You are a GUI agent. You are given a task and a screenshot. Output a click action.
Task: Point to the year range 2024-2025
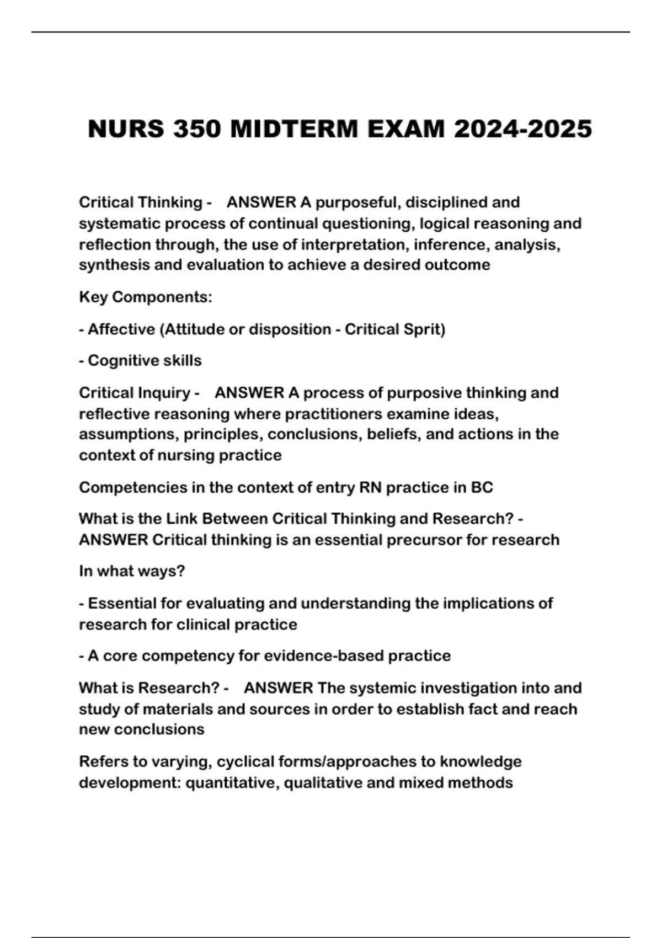pyautogui.click(x=522, y=130)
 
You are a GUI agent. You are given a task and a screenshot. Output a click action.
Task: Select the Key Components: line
pyautogui.click(x=145, y=297)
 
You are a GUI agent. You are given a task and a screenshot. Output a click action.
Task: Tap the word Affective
pyautogui.click(x=121, y=329)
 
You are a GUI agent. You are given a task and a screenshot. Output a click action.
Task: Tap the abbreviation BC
pyautogui.click(x=482, y=488)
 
